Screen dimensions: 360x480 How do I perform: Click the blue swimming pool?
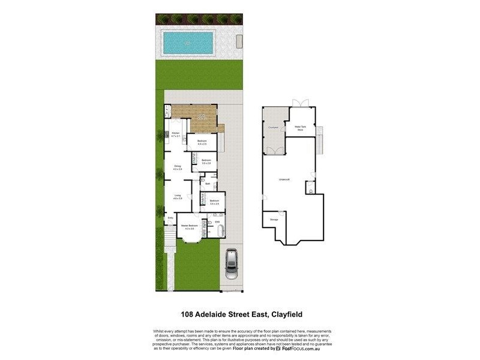click(188, 42)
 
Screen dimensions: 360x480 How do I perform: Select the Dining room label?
click(178, 167)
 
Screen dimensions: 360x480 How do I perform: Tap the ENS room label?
click(217, 222)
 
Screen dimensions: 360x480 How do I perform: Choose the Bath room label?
click(207, 184)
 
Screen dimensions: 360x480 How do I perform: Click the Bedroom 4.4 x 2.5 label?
click(202, 142)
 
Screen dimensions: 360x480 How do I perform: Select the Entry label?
click(170, 217)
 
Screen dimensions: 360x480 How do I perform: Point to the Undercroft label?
click(284, 179)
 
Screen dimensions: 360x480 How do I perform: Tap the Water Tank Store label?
click(300, 128)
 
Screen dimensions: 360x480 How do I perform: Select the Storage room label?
click(274, 220)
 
